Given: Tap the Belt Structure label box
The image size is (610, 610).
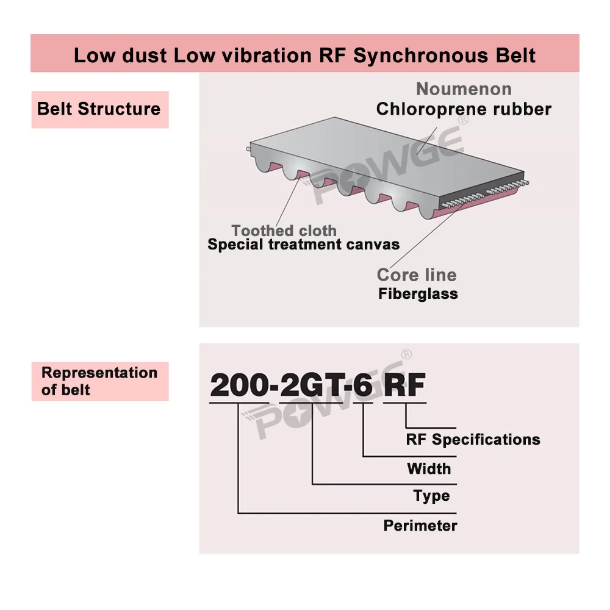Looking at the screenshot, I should (99, 109).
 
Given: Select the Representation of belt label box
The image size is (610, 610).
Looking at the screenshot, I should (99, 381).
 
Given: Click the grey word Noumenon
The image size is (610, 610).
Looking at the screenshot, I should (464, 89).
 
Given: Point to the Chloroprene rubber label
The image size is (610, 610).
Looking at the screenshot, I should (464, 110).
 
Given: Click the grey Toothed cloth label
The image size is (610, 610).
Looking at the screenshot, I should (284, 231).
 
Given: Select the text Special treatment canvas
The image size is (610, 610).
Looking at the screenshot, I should (304, 245).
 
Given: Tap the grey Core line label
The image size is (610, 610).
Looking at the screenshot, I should (417, 274).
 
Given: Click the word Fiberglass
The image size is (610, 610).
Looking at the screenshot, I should (418, 293).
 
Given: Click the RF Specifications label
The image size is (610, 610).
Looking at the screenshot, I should (473, 439).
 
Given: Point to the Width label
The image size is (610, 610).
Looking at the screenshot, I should (429, 469).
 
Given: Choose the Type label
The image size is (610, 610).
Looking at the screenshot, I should (431, 496).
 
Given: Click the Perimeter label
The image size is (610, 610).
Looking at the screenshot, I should (420, 525).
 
